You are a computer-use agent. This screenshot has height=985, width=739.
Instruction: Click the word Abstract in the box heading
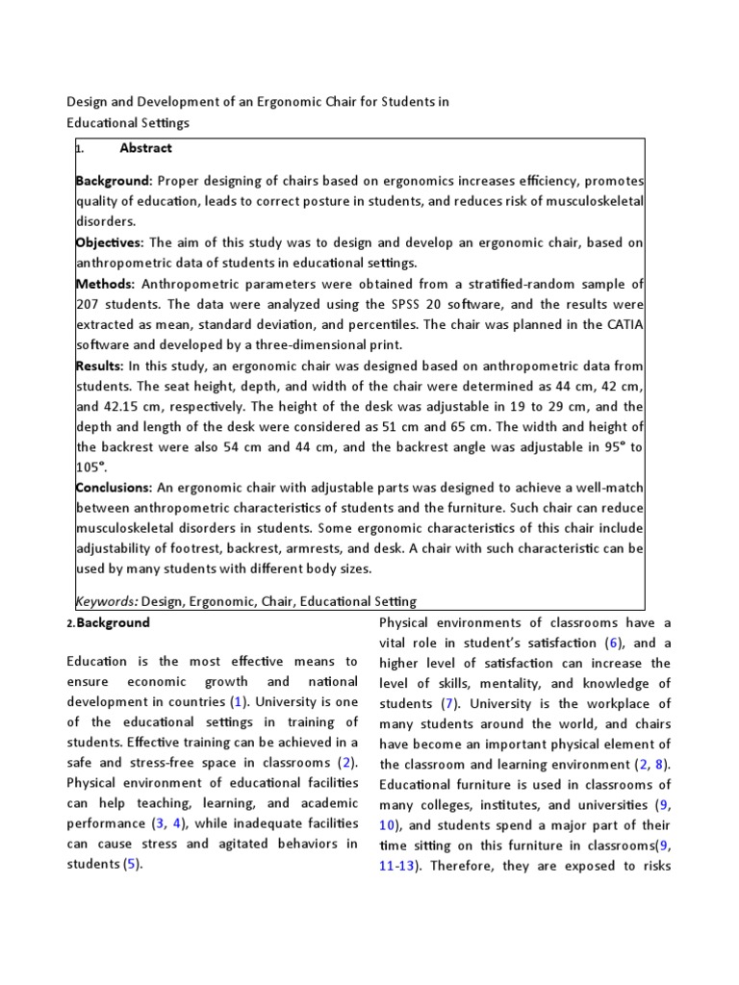(145, 148)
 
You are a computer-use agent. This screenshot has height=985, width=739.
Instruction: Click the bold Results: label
(99, 365)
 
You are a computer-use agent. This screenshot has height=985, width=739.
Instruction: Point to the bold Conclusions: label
(114, 487)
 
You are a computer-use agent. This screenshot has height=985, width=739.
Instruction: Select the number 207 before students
(89, 304)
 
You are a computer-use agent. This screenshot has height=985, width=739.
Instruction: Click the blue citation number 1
(230, 701)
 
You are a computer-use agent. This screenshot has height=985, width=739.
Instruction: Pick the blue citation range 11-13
(397, 865)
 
